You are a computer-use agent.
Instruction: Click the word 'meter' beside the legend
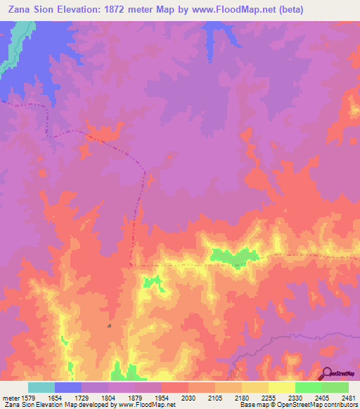coord(10,398)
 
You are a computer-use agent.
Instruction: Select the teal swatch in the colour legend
coord(41,387)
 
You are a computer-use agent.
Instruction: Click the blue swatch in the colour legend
coord(68,387)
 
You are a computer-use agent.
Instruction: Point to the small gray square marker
coord(109,325)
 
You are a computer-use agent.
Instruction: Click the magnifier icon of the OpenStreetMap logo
coord(326,373)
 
